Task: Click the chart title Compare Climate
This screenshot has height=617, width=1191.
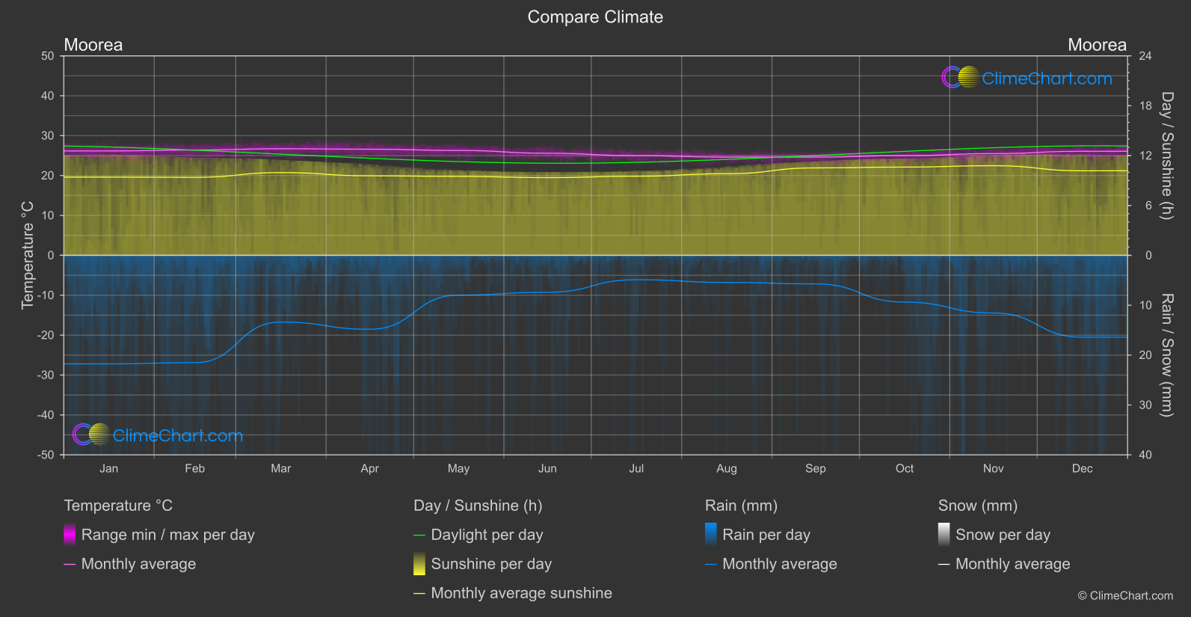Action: tap(595, 17)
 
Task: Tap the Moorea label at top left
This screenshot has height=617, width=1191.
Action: tap(93, 45)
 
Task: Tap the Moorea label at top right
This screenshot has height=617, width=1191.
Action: tap(1096, 45)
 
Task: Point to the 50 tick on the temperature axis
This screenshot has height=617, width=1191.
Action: tap(48, 56)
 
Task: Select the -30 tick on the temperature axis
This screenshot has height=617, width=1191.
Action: tap(46, 375)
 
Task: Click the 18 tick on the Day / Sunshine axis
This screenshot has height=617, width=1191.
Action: tap(1145, 106)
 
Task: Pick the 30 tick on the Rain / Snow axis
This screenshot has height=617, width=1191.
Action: tap(1145, 405)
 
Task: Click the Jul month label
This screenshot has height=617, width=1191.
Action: tap(636, 469)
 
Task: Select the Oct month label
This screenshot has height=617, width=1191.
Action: tap(905, 469)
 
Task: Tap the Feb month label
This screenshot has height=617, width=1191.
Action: tap(194, 469)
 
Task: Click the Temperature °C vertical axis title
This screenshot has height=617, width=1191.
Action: tap(28, 255)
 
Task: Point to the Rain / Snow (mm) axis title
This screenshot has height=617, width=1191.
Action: tap(1166, 354)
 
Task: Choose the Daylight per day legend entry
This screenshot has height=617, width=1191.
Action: tap(487, 535)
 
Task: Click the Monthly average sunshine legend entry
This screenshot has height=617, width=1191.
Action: tap(521, 593)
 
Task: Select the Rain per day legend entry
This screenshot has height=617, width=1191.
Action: tap(766, 535)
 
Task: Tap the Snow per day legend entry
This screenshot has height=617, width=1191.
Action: tap(1003, 535)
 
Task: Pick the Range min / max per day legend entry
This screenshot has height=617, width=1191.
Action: tap(167, 535)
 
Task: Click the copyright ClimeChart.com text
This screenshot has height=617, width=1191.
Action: tap(1125, 596)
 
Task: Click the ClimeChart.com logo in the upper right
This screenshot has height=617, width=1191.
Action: tap(1027, 78)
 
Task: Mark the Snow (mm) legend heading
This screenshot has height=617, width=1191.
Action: tap(977, 506)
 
